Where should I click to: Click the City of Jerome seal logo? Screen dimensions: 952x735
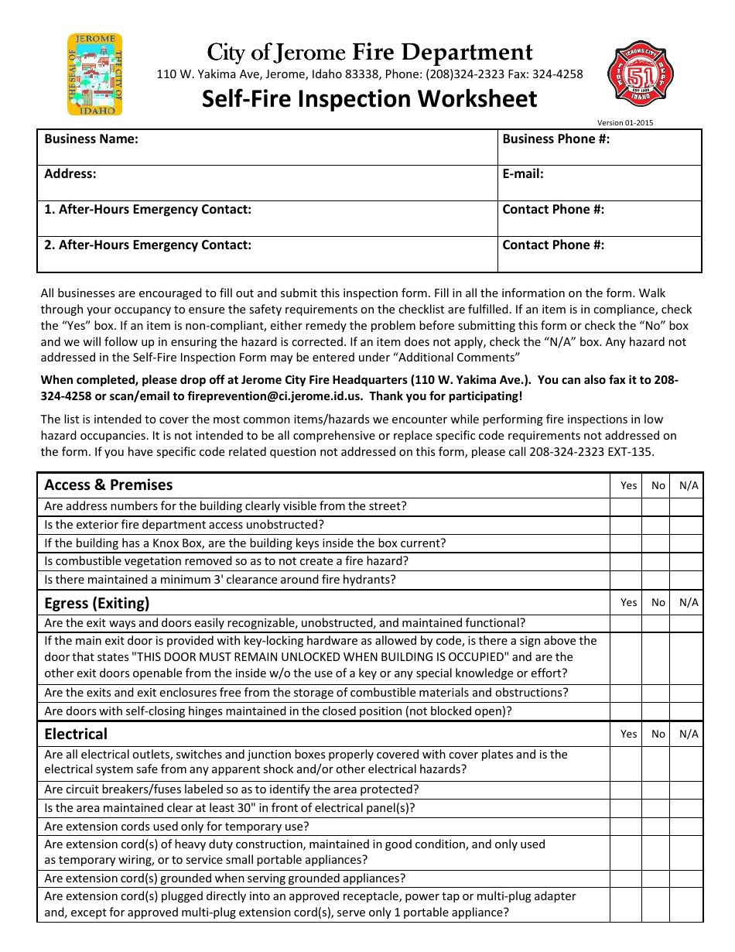point(95,74)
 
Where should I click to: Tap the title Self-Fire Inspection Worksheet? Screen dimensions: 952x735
point(369,99)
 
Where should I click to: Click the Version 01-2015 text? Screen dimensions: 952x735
point(624,122)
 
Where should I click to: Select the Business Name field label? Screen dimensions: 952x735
point(91,139)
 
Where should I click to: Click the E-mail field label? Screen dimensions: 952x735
point(523,174)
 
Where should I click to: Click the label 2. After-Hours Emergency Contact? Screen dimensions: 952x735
point(148,245)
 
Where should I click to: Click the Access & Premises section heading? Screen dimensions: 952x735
point(108,485)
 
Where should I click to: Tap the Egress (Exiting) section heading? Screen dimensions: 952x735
point(97,603)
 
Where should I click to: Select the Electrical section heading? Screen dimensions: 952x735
point(76,734)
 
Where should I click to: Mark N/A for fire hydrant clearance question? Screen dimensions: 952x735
point(686,580)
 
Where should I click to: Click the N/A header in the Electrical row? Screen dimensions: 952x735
point(688,734)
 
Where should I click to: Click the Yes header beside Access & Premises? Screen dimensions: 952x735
point(628,485)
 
